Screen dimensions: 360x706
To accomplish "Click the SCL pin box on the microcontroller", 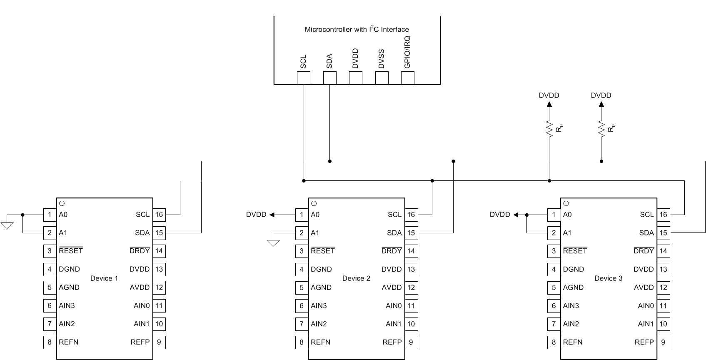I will pyautogui.click(x=303, y=77).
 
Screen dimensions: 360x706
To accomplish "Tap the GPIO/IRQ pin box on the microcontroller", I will pyautogui.click(x=407, y=77).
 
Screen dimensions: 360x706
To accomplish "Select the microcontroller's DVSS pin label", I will pyautogui.click(x=381, y=59).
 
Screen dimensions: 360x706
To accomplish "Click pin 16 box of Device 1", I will pyautogui.click(x=159, y=215).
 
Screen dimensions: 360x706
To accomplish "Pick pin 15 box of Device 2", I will pyautogui.click(x=411, y=233).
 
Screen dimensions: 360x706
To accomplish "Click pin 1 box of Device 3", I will pyautogui.click(x=554, y=215).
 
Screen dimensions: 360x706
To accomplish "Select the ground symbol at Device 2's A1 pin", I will pyautogui.click(x=273, y=242).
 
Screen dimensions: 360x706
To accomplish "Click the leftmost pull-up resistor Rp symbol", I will pyautogui.click(x=549, y=128).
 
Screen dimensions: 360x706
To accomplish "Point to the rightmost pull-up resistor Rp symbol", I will pyautogui.click(x=601, y=128).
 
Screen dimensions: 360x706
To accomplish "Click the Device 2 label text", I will pyautogui.click(x=356, y=278).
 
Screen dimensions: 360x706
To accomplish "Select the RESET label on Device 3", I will pyautogui.click(x=575, y=251).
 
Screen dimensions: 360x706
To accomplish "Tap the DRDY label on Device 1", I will pyautogui.click(x=140, y=251).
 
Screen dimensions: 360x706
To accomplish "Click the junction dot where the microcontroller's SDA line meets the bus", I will pyautogui.click(x=329, y=161).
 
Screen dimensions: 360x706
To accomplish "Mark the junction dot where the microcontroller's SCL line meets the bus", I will pyautogui.click(x=304, y=181).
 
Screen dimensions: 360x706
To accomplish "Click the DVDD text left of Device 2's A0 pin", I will pyautogui.click(x=256, y=215).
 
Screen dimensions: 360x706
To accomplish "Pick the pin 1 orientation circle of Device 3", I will pyautogui.click(x=566, y=203).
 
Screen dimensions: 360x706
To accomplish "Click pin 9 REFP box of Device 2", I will pyautogui.click(x=411, y=342).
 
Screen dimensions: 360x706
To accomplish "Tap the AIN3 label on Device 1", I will pyautogui.click(x=67, y=305).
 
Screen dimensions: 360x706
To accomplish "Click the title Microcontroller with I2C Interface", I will pyautogui.click(x=357, y=29).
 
